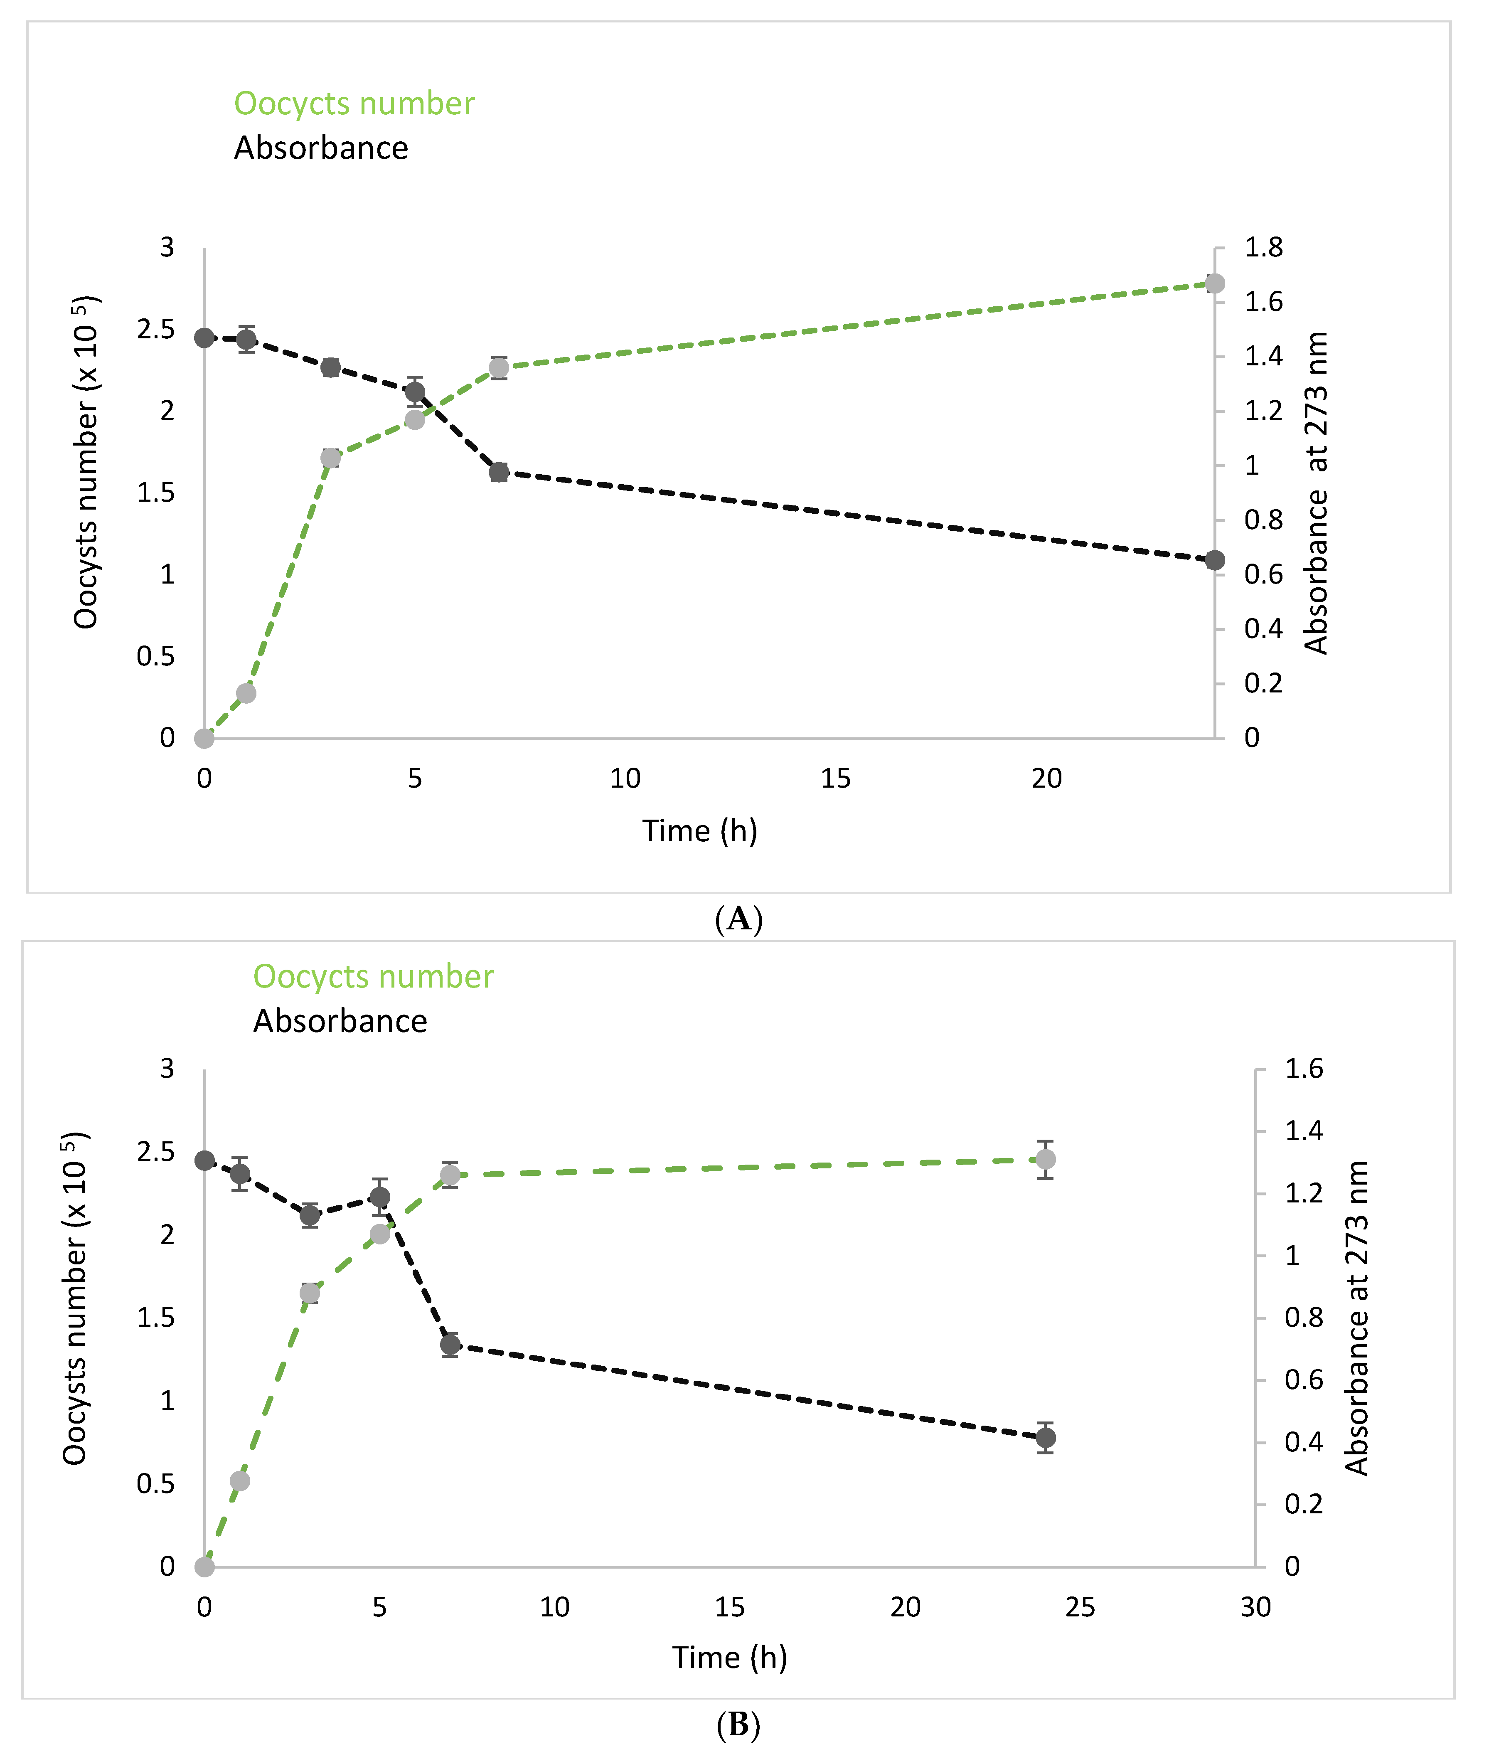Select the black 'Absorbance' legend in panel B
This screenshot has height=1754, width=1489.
click(340, 1021)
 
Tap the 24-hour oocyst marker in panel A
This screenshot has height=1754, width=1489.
click(1215, 283)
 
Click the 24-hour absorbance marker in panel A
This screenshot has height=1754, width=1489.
click(1215, 560)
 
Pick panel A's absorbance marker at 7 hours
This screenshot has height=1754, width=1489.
click(499, 472)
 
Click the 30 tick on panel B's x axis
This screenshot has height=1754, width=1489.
click(1255, 1607)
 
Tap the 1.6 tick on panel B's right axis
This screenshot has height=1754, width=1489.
click(1303, 1069)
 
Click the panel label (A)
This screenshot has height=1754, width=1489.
click(738, 919)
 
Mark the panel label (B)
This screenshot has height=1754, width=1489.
click(738, 1724)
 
